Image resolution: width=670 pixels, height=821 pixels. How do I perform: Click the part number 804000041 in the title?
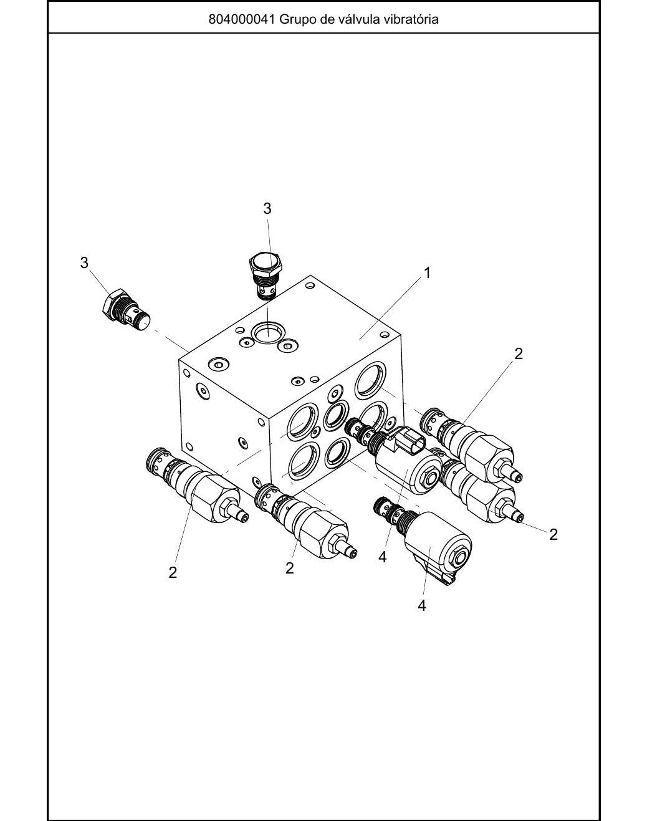242,19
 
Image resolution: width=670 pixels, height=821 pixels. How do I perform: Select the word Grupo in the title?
297,20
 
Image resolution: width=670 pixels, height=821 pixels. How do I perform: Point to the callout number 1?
427,273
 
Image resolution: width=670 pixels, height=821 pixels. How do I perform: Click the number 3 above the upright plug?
267,209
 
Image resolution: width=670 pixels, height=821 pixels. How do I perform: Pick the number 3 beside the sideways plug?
84,263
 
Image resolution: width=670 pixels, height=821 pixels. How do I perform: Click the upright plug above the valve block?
265,276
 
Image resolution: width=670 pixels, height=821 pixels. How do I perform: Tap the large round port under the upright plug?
268,332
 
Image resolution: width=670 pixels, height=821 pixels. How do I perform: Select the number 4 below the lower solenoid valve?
421,605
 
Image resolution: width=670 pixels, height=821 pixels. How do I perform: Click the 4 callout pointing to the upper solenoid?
382,557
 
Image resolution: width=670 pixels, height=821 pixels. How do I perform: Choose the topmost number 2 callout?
518,353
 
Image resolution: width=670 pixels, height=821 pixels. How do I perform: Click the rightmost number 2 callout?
553,534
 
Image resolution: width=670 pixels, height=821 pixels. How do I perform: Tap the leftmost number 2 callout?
173,572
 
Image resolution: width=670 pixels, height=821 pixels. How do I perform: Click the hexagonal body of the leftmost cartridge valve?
212,497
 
